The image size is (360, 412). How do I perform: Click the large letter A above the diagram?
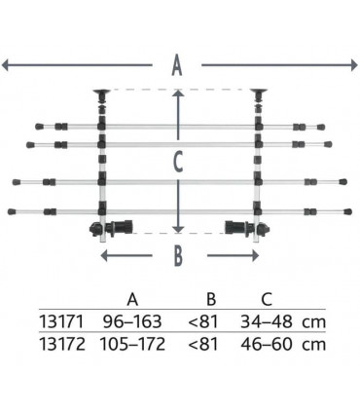coord(177,65)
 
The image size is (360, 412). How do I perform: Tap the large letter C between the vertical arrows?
coord(178,162)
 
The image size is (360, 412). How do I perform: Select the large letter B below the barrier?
coord(178,256)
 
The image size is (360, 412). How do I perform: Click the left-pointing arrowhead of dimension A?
coord(5,65)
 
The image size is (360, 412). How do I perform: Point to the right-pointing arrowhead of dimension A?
coord(354,65)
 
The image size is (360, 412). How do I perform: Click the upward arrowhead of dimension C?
coord(178,94)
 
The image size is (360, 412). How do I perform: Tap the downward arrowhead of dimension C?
coord(178,229)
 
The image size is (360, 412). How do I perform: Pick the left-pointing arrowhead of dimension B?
coord(104,255)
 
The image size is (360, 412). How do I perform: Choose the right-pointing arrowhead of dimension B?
coord(255,255)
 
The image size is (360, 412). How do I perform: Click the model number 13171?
coord(61,321)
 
